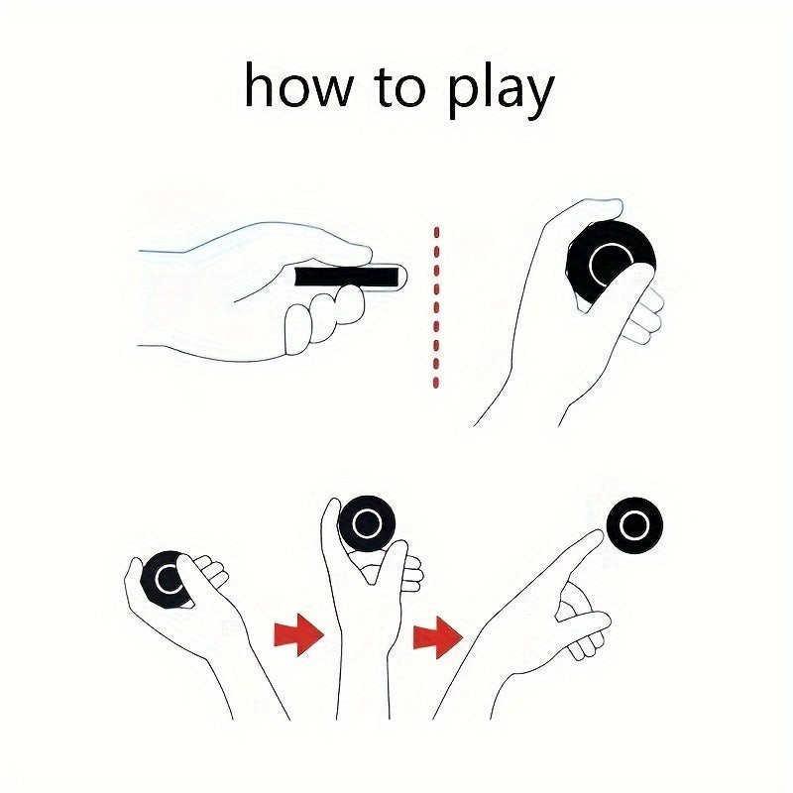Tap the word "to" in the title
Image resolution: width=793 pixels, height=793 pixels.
pos(399,87)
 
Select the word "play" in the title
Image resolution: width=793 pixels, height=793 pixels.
pos(501,91)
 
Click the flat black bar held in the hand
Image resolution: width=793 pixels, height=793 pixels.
pos(346,277)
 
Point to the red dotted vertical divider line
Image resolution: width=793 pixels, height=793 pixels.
pos(436,307)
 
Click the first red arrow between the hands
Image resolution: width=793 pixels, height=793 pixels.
pos(298,634)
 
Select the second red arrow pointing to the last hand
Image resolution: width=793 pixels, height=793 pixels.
pos(437,637)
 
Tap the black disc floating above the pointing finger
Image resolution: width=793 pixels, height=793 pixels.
pos(634,525)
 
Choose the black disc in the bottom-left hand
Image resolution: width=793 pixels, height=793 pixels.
pos(165,579)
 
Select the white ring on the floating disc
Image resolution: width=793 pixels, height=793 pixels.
pos(634,525)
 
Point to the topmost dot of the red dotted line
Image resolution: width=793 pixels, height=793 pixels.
pos(436,232)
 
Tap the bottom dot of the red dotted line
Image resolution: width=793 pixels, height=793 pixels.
pos(436,383)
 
